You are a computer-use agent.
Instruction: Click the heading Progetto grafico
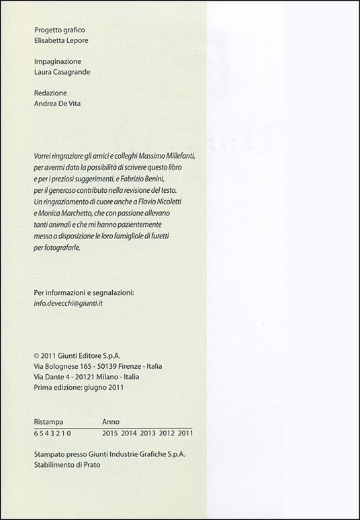point(59,30)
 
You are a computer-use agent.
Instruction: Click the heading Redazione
point(50,93)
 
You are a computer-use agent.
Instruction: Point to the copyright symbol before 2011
point(36,355)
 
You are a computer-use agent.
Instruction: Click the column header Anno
point(111,421)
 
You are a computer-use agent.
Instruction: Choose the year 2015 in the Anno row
point(109,434)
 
